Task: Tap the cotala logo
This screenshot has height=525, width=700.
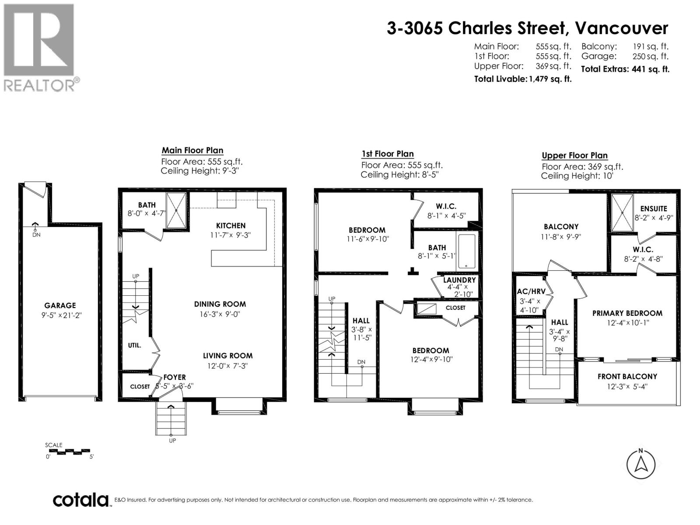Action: coord(80,500)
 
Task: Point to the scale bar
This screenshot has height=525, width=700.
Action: coord(67,451)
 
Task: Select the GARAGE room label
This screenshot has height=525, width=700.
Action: coord(60,305)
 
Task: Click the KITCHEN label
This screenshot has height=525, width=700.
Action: coord(231,226)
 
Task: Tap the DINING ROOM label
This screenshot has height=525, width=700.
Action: coord(220,304)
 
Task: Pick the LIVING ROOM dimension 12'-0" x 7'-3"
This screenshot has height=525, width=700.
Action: coord(227,366)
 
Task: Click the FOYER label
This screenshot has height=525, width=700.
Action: coord(175,377)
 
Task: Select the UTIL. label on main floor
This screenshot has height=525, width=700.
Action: coord(134,345)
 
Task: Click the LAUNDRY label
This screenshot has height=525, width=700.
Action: coord(459,280)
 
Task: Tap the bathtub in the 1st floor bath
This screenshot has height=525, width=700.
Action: coord(467,251)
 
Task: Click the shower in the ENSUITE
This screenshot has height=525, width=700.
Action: coord(622,213)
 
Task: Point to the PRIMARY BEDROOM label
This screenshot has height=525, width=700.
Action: coord(627,313)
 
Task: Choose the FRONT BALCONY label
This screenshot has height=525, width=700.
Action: coord(627,376)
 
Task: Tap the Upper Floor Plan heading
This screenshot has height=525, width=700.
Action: coord(574,155)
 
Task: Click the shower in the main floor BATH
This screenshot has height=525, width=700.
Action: coord(176,210)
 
